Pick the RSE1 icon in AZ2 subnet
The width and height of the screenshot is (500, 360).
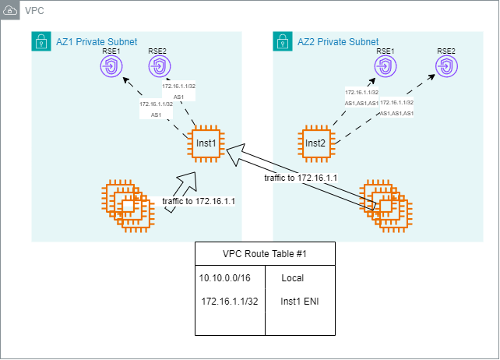(386, 69)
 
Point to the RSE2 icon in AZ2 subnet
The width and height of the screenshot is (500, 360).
(446, 69)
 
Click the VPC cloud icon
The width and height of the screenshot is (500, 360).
(11, 11)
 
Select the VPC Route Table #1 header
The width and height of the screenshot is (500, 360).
(265, 254)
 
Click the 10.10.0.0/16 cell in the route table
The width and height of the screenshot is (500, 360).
(226, 277)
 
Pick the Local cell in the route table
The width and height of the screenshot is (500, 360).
(293, 277)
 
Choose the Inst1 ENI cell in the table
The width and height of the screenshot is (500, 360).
(300, 301)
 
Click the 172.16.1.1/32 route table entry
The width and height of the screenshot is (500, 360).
(229, 301)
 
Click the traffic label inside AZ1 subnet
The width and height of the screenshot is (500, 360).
(199, 201)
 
